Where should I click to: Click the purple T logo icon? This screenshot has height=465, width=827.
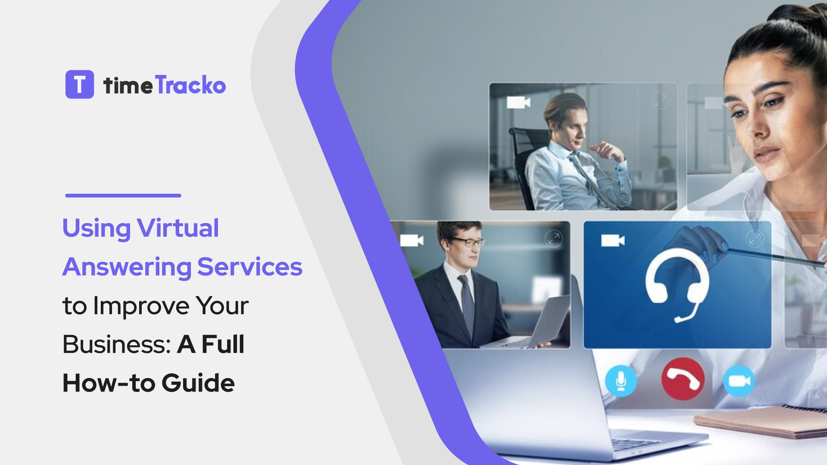(x=80, y=84)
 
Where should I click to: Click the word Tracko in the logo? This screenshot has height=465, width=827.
(x=190, y=85)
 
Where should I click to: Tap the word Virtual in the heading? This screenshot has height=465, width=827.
(x=177, y=228)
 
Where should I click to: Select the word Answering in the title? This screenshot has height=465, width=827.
(x=127, y=267)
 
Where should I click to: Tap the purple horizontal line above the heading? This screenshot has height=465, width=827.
(x=123, y=195)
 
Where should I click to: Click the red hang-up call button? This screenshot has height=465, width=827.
(x=683, y=379)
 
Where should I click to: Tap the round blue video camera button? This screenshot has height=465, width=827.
(x=739, y=381)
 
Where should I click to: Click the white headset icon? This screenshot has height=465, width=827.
(x=677, y=284)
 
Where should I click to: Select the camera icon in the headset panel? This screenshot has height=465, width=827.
(x=612, y=240)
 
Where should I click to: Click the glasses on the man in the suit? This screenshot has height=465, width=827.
(x=468, y=242)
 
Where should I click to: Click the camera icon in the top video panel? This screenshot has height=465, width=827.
(x=518, y=102)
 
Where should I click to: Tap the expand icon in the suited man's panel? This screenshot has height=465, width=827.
(x=553, y=238)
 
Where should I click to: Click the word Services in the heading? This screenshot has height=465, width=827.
(x=250, y=267)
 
